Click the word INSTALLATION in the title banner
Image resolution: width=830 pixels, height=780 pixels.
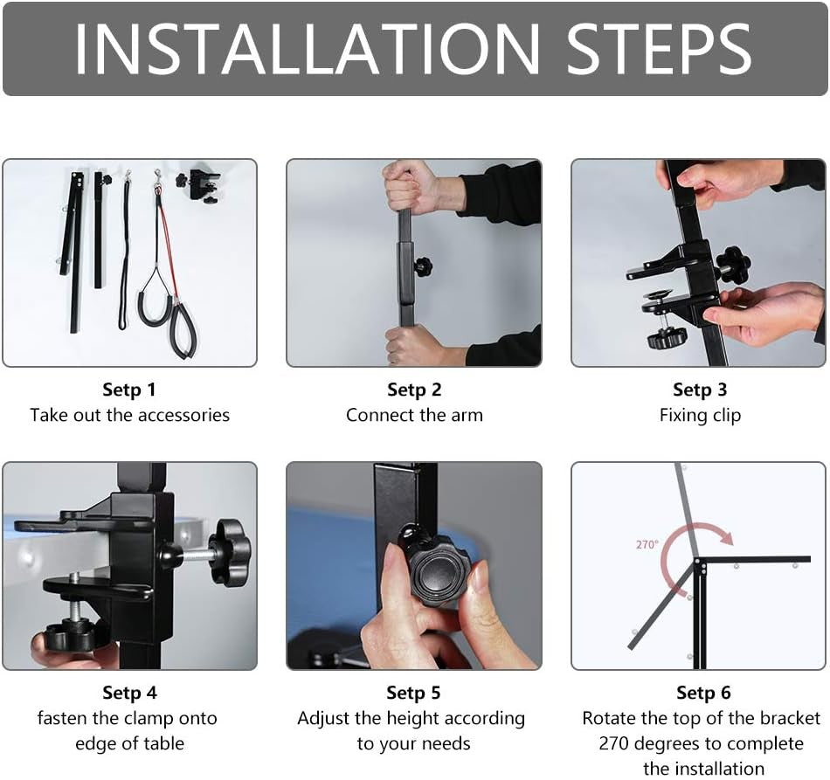click(307, 49)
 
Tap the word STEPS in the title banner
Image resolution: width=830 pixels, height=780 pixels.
click(659, 49)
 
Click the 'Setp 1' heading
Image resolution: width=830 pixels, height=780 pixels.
click(129, 390)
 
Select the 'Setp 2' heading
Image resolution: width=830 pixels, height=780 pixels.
click(414, 390)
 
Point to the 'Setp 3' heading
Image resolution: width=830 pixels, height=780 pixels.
click(700, 390)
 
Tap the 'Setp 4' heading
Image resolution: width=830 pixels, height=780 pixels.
click(129, 693)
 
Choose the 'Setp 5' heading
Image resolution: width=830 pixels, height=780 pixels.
click(413, 693)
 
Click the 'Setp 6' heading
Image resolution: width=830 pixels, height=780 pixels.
click(703, 693)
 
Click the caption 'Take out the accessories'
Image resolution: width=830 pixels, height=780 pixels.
click(129, 415)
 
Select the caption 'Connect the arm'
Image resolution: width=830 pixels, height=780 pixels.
click(414, 415)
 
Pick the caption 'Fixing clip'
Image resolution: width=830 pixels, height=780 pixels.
click(700, 416)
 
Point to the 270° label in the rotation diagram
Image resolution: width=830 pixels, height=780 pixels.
click(647, 544)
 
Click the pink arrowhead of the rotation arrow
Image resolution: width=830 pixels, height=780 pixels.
click(726, 537)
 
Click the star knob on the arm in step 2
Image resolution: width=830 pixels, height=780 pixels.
click(424, 266)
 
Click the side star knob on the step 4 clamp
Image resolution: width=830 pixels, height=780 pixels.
click(229, 552)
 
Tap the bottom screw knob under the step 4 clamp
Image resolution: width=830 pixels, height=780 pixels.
click(68, 637)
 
